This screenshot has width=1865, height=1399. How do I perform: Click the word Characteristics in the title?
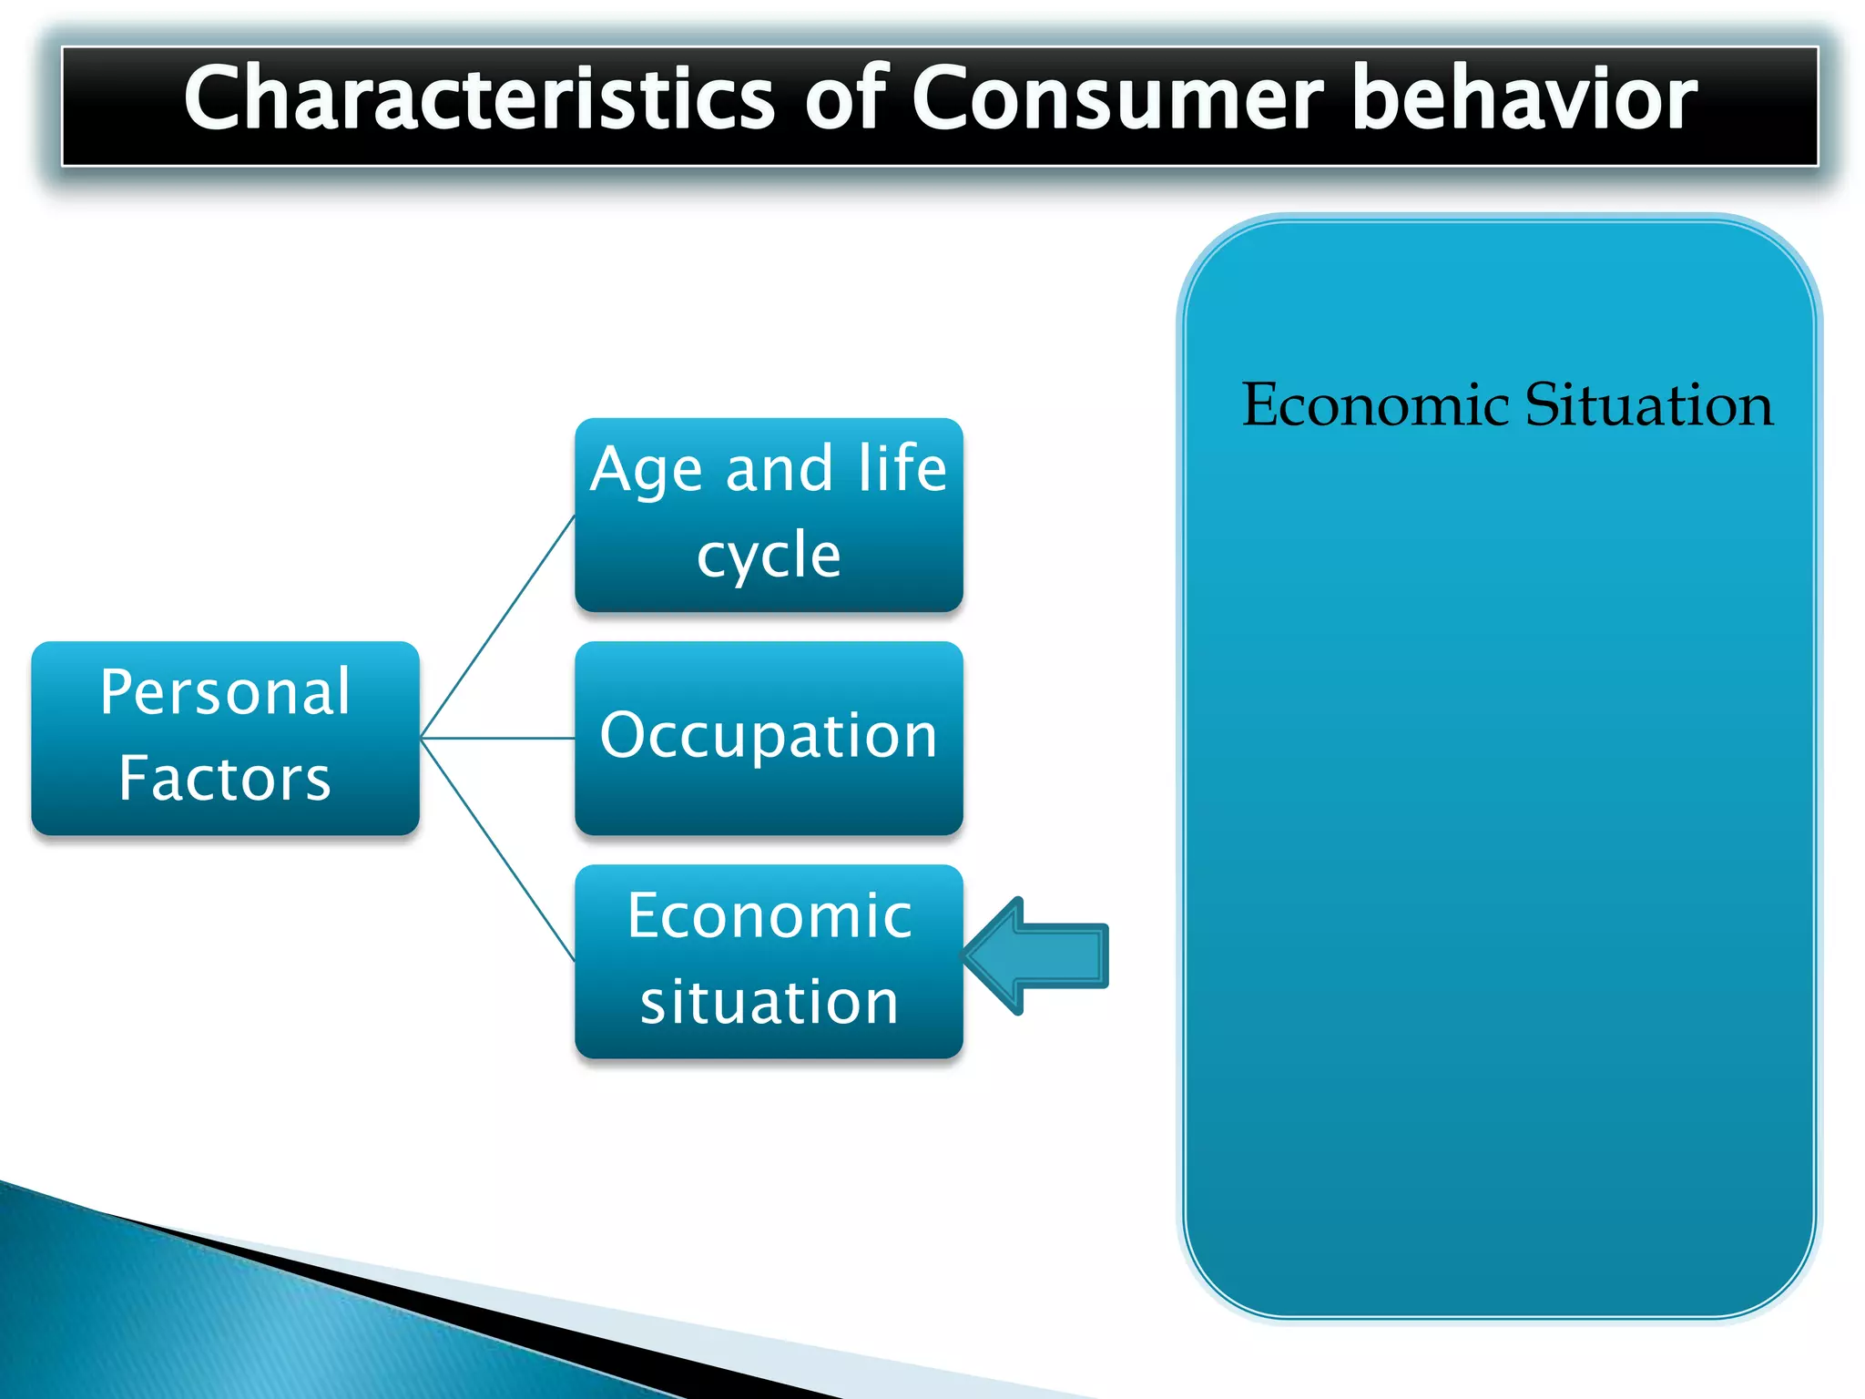pos(478,98)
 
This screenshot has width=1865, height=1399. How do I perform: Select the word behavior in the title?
pos(1525,98)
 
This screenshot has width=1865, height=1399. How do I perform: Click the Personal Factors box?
pos(225,738)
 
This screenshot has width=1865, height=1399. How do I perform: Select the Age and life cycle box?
pos(769,515)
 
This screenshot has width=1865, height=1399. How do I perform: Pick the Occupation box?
pos(769,738)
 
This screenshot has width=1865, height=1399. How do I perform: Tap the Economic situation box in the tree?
pos(769,961)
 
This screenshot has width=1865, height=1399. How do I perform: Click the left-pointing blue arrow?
pos(1038,955)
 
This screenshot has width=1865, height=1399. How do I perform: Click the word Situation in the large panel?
pos(1648,404)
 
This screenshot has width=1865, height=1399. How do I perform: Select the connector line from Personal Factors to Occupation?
pos(497,738)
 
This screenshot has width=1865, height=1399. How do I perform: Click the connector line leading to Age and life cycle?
pos(497,627)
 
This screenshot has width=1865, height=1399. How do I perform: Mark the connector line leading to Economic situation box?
pos(497,849)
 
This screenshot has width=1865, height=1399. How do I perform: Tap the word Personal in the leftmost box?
pos(225,692)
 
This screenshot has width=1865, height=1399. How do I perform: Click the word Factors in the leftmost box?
pos(225,780)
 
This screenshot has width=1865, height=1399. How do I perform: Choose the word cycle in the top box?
pos(769,556)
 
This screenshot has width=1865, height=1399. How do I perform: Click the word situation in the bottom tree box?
pos(769,1002)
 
